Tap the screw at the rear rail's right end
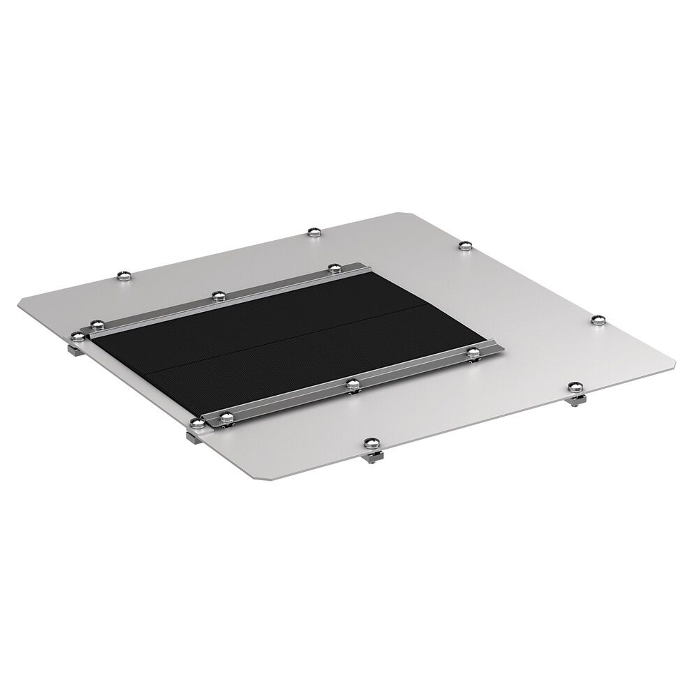click(334, 268)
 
